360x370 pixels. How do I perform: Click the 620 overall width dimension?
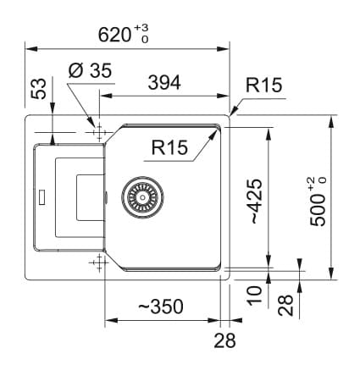[114, 35]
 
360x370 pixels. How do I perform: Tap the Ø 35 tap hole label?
[90, 70]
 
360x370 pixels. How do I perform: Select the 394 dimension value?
[164, 83]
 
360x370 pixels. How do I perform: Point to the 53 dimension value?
[38, 89]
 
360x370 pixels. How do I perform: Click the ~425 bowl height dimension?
[257, 202]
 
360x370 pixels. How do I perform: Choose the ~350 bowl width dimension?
[161, 306]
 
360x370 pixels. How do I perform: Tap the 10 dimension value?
[255, 295]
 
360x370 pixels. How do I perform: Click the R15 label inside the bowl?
[169, 147]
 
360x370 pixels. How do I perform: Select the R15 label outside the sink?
[263, 85]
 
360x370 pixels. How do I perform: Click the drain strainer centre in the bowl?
[142, 196]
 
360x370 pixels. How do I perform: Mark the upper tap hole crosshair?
[99, 132]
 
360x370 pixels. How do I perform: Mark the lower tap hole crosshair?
[99, 262]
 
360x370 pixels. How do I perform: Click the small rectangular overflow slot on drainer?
[42, 197]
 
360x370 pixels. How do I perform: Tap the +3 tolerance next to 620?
[141, 28]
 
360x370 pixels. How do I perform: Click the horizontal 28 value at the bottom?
[224, 340]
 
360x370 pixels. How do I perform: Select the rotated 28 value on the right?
[285, 305]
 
